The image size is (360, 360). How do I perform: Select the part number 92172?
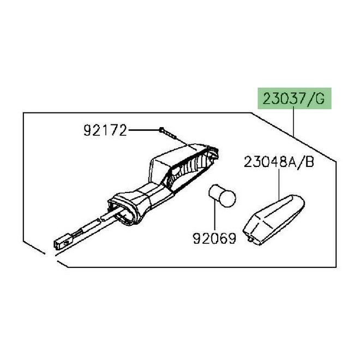(105, 130)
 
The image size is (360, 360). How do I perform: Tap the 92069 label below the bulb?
(214, 238)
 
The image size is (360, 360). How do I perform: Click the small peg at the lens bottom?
(250, 238)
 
